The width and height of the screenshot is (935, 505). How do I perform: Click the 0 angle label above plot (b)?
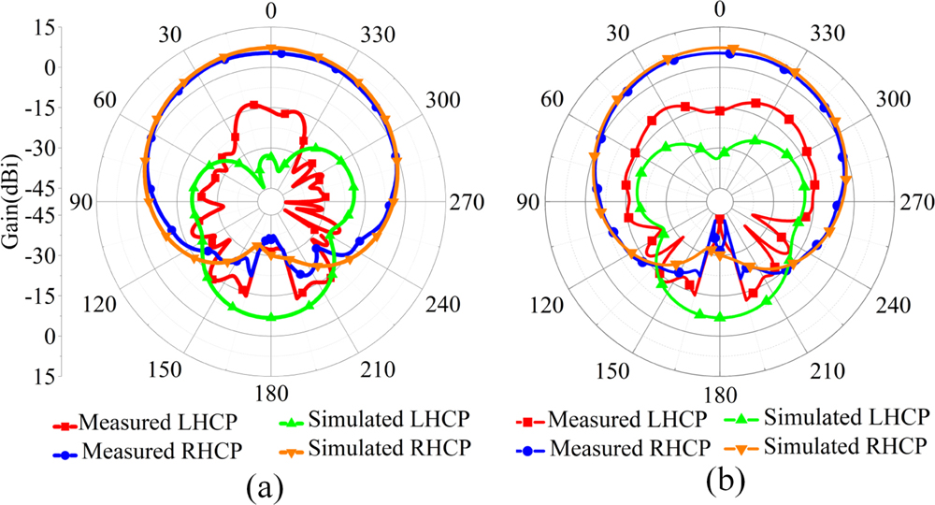(x=719, y=10)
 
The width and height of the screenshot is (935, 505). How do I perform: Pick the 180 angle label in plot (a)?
(x=271, y=392)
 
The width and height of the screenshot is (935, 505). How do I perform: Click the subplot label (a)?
(x=265, y=485)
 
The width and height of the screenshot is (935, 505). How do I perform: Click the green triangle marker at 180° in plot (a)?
(x=271, y=318)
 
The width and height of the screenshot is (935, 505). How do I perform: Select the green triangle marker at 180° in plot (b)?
(x=719, y=318)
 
